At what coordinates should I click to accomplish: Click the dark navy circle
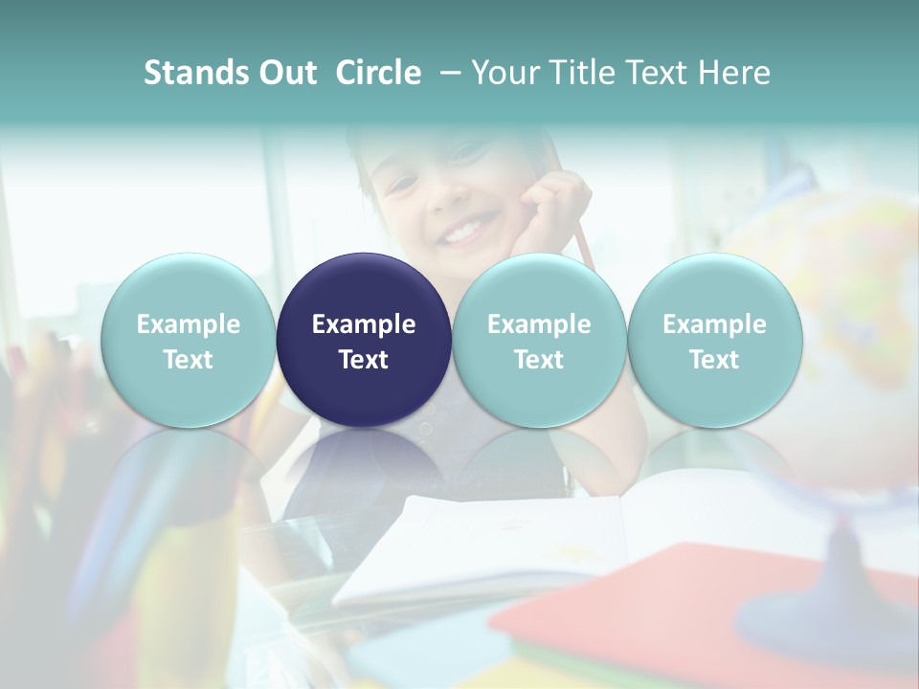click(x=364, y=341)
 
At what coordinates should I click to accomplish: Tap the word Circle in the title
click(x=378, y=73)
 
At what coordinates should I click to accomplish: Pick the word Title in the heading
click(x=587, y=73)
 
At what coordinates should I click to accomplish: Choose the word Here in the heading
click(x=734, y=73)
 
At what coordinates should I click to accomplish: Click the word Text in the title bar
click(x=661, y=73)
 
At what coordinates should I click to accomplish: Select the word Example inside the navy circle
click(x=364, y=324)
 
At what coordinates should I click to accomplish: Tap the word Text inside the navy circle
click(x=364, y=360)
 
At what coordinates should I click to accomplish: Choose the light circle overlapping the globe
click(x=714, y=341)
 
